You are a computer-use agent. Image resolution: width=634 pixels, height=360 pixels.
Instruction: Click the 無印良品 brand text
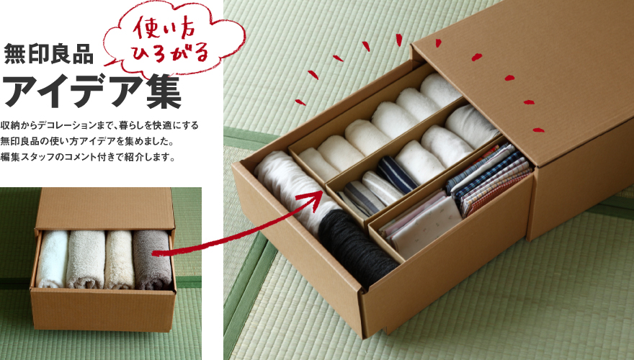48,54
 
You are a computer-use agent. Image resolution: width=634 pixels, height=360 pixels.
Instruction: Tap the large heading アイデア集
91,91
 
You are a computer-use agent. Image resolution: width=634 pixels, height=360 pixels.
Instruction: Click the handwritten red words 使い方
164,28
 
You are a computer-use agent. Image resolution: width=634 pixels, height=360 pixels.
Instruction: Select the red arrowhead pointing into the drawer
312,199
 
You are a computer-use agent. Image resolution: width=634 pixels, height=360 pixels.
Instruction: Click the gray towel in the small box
152,260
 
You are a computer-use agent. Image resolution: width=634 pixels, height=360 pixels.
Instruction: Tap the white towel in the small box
52,259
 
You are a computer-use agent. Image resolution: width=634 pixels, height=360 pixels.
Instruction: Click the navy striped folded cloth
396,174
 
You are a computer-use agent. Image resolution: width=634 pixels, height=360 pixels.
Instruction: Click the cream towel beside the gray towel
120,260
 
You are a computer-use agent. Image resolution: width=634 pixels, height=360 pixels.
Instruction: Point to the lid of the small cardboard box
105,209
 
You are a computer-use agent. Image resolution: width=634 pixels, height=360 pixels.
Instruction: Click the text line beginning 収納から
99,125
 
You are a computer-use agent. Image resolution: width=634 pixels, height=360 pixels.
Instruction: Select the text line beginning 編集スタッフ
88,157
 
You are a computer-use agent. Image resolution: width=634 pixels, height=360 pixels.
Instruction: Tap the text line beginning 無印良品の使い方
87,141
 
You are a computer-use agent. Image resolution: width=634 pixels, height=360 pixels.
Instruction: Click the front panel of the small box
104,310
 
